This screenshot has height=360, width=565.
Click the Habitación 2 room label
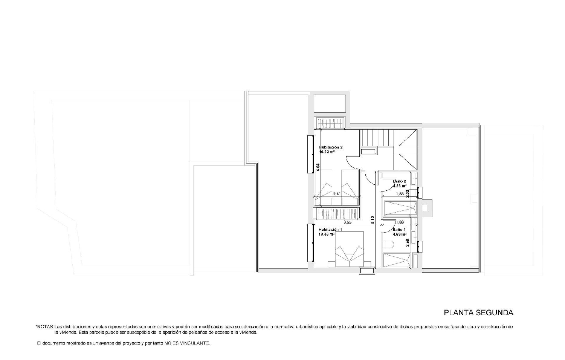point(330,147)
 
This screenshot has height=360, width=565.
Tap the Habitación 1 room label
point(330,229)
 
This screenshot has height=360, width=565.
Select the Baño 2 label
point(399,181)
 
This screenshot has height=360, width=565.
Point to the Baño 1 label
point(399,230)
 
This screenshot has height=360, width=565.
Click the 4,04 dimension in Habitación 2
point(318,167)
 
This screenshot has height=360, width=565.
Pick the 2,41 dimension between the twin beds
point(337,194)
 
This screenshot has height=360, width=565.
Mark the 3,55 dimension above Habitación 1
point(347,222)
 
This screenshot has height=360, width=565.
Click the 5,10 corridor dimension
point(373,220)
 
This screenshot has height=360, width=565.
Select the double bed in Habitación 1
point(349,250)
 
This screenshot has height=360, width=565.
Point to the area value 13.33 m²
point(327,234)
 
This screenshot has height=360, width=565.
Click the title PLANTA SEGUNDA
point(478,313)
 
